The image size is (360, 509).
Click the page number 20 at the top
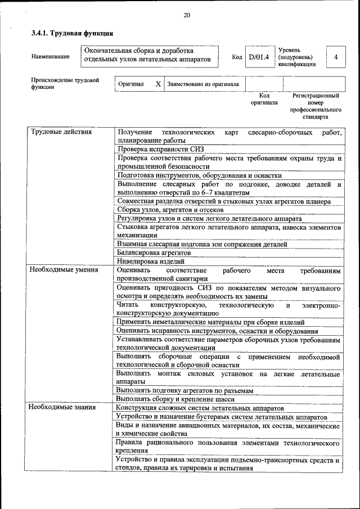point(186,15)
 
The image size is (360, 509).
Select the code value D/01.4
point(259,57)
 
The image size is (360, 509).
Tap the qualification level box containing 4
point(335,57)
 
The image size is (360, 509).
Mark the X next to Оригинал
point(158,84)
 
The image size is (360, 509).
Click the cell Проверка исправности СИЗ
point(160,149)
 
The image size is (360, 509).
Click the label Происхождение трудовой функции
point(65,83)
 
